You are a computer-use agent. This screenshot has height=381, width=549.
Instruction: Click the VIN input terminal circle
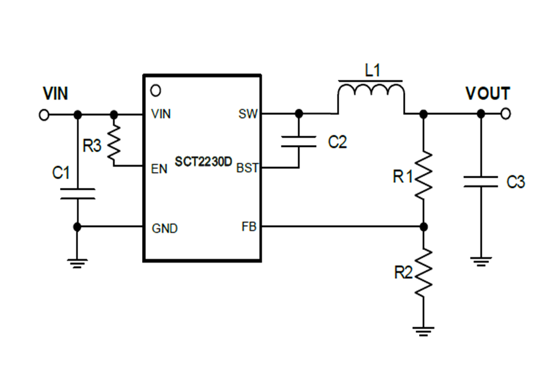coord(44,115)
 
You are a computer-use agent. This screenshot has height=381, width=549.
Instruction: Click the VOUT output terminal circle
coord(506,114)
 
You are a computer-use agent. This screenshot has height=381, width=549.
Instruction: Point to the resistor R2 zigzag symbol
coord(424,273)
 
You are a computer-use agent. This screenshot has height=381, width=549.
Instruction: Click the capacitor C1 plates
coord(77,193)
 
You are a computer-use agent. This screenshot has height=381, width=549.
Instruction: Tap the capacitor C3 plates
coord(481,182)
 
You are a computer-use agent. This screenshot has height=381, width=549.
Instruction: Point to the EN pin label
coord(159,169)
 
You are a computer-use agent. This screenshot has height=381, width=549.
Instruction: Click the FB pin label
coord(250,227)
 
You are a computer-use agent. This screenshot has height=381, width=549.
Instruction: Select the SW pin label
coord(248,114)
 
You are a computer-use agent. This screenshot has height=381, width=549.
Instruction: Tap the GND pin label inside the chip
coord(165,228)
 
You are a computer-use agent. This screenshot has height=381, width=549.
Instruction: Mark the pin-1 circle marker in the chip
coord(154,89)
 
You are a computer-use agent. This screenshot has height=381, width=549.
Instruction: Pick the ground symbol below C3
coord(481,260)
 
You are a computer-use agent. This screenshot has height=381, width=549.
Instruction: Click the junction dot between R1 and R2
coord(424,226)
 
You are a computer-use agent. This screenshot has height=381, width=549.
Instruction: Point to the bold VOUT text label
coord(488,93)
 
